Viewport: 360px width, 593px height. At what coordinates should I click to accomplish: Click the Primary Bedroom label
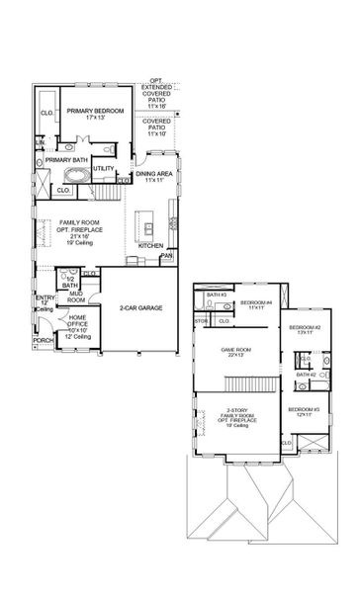tap(95, 112)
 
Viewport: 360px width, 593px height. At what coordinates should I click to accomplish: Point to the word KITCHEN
tap(150, 245)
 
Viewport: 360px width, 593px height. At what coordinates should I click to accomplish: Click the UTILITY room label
tap(104, 169)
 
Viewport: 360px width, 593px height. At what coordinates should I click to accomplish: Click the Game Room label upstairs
tap(236, 350)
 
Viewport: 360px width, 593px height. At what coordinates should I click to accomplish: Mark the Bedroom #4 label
tap(255, 302)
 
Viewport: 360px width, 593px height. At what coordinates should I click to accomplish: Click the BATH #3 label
tap(218, 295)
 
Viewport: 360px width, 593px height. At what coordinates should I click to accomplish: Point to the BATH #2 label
tap(305, 376)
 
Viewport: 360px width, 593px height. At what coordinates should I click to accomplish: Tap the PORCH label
tap(43, 340)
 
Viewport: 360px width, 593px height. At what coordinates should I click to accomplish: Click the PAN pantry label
tap(166, 254)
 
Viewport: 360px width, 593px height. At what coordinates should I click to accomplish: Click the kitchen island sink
tap(145, 212)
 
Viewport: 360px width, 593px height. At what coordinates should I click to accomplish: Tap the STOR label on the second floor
tap(201, 320)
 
